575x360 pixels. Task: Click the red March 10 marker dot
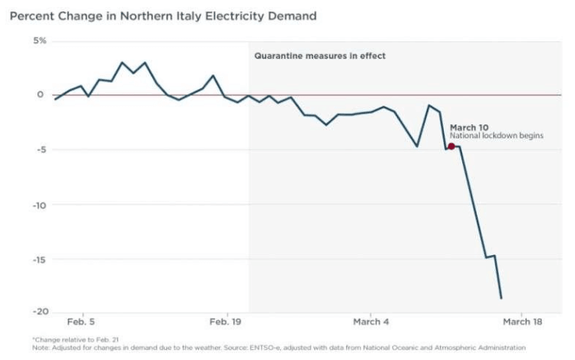coord(451,146)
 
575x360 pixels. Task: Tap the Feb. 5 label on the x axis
coord(81,322)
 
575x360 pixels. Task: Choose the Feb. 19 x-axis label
coord(219,322)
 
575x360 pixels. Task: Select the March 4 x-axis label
coord(369,322)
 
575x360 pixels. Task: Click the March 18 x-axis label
coord(521,322)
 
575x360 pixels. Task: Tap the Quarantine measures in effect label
coord(320,56)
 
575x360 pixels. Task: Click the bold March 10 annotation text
coord(468,127)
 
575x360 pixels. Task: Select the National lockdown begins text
coord(497,136)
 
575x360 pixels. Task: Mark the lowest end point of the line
coord(501,298)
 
